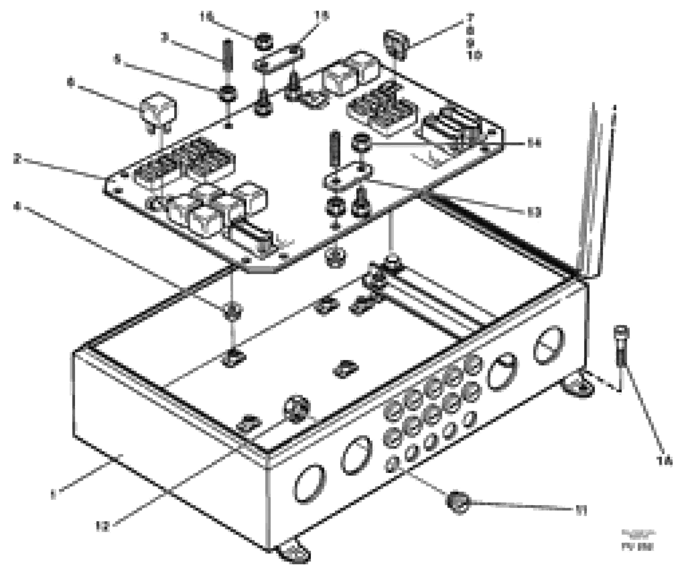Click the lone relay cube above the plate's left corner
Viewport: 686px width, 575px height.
[x=158, y=110]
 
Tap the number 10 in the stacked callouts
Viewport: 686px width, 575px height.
[x=475, y=55]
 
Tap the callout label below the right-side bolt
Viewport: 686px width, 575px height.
[x=664, y=461]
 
